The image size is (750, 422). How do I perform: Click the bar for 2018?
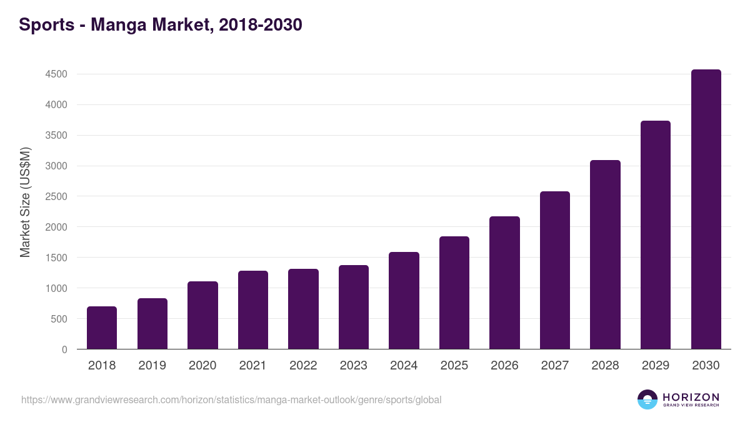coord(102,328)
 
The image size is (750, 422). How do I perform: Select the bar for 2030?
coord(706,209)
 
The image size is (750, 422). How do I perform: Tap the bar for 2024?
coord(404,301)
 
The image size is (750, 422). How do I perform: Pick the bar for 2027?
coord(555,270)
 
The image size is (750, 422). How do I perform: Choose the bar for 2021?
coord(252,310)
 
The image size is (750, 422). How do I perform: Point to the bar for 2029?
coord(656,235)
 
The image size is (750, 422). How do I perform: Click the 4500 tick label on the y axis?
coord(56,74)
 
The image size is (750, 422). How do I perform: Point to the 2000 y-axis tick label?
coord(56,227)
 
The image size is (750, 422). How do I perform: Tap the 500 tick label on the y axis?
coord(59,319)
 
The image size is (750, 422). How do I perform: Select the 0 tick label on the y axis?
coord(64,349)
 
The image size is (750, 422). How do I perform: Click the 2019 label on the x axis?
coord(152,366)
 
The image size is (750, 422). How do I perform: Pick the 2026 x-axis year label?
coord(504,366)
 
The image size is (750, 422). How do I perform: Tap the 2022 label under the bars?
coord(303,366)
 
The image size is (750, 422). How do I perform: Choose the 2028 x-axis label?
coord(605,366)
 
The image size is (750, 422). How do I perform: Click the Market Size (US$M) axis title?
coord(25,202)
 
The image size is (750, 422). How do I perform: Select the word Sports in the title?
coord(44,25)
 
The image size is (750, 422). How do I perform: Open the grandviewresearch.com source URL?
coord(231,399)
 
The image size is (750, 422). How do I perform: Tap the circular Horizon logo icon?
coord(647,399)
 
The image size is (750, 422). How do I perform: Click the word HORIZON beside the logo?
coord(691,397)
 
